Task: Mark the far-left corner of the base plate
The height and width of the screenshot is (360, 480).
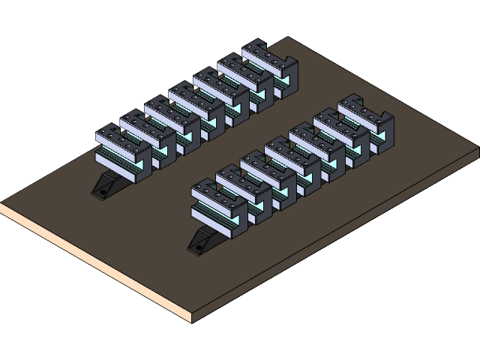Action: point(1,204)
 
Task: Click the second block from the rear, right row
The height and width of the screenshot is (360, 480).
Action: point(341,133)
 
